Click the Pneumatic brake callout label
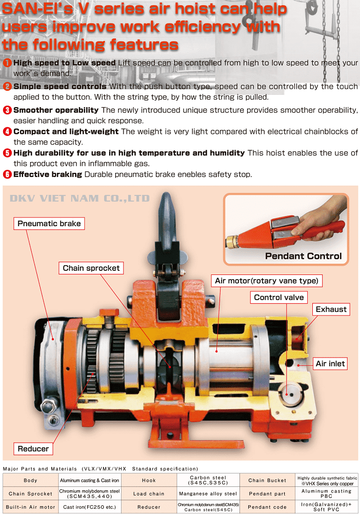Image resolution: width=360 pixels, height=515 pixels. coord(49,223)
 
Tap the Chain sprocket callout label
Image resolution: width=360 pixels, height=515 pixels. coord(91,268)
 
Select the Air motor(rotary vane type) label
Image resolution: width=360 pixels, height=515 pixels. coord(266,281)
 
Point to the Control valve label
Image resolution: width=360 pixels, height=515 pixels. coord(279,297)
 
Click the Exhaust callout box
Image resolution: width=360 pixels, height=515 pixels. coord(331,309)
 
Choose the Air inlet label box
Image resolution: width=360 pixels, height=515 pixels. coord(330,364)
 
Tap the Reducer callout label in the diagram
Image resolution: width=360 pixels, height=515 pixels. coord(33,449)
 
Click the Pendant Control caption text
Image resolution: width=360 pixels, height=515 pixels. coord(304,256)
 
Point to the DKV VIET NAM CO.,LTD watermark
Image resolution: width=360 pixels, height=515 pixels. coord(80,199)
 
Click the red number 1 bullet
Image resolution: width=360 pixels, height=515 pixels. coord(7,63)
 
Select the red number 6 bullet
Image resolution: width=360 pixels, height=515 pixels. coord(7,174)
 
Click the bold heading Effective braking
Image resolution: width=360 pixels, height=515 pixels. coord(48,174)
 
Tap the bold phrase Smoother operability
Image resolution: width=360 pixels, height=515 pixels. coord(56,110)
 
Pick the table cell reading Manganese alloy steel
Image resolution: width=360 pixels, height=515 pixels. coord(208,493)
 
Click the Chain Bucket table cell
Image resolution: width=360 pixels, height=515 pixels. coord(267,480)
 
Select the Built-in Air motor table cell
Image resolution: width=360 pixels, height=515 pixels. coord(31,507)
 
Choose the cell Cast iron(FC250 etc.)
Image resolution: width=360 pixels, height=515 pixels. coord(90,507)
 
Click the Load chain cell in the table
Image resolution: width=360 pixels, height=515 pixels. coord(149,493)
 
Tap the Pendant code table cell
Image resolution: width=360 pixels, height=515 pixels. coord(267,507)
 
